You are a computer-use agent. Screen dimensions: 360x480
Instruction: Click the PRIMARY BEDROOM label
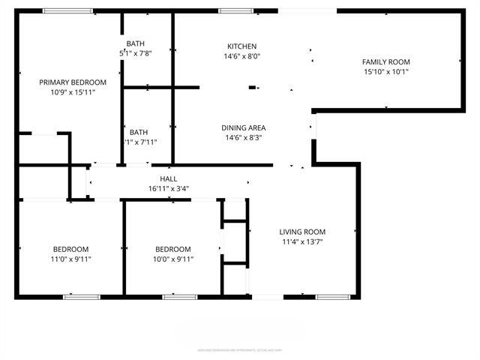click(73, 82)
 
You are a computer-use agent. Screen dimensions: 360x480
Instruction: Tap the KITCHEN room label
click(241, 46)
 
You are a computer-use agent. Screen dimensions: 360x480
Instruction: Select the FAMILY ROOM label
click(385, 62)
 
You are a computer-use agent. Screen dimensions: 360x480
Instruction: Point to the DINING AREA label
click(244, 128)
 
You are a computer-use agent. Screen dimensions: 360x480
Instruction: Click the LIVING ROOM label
click(302, 232)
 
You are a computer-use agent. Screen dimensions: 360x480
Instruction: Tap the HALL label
click(168, 179)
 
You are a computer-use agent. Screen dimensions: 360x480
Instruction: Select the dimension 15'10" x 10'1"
click(385, 72)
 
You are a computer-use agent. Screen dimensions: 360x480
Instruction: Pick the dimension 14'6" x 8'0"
click(241, 56)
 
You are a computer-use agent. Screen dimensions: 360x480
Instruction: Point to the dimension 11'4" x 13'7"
click(302, 241)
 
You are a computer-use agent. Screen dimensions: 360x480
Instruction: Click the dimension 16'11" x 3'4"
click(168, 189)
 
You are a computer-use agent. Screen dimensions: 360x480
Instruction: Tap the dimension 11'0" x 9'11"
click(70, 259)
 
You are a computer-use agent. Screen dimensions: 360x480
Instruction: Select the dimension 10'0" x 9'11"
click(172, 259)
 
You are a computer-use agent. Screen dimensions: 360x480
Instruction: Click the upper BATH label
click(135, 43)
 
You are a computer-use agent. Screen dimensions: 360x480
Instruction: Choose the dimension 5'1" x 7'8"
click(135, 53)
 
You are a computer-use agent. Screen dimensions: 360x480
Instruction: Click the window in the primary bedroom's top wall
click(67, 11)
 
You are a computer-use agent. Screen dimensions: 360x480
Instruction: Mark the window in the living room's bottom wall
click(332, 297)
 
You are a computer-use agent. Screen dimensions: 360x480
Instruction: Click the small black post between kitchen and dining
click(253, 88)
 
